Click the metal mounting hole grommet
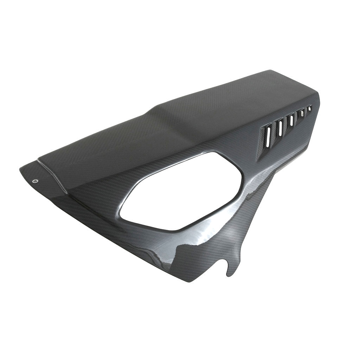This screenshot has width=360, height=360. (34, 181)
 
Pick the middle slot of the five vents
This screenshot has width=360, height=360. (291, 122)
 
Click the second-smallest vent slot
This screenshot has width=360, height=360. (302, 115)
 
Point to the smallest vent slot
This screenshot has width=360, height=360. (310, 109)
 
